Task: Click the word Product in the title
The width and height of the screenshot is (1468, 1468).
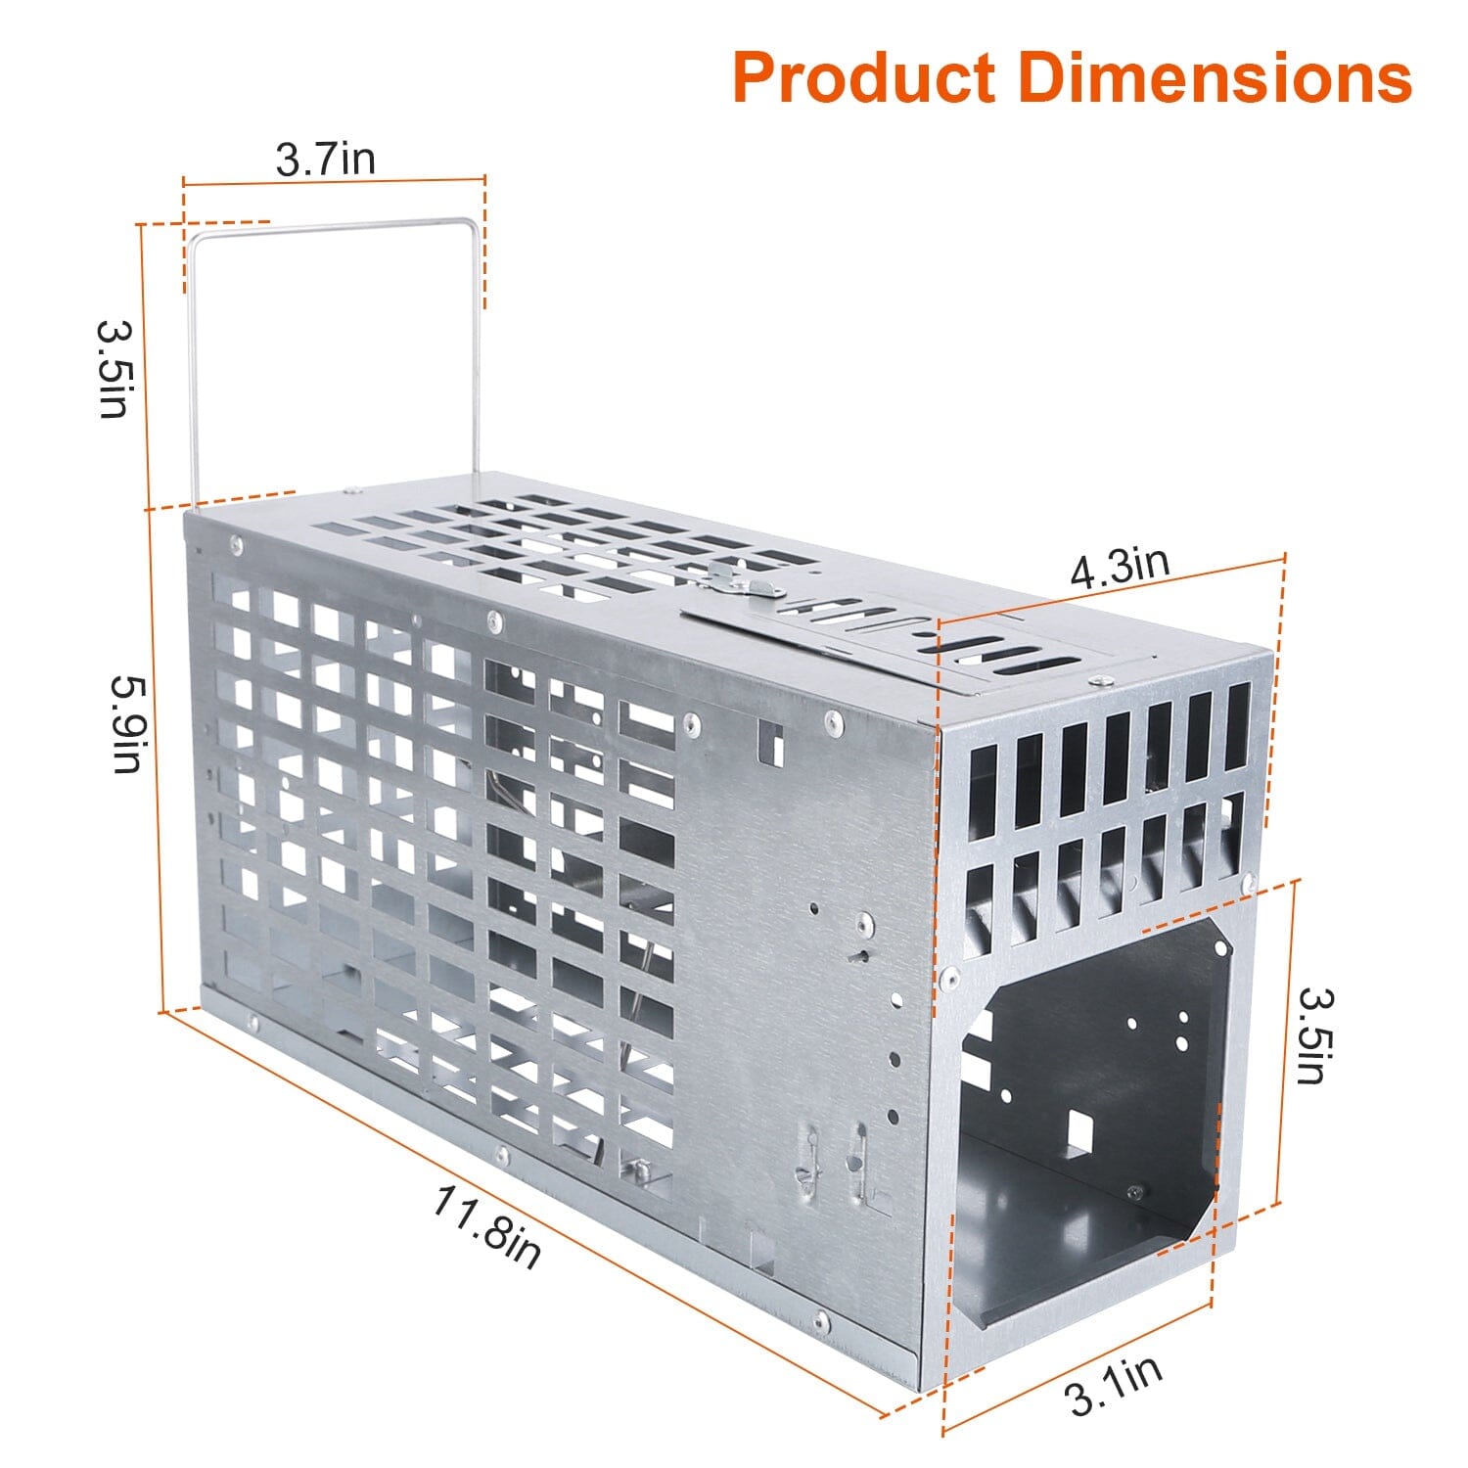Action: point(864,78)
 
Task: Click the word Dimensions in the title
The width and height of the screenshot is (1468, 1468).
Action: point(1216,78)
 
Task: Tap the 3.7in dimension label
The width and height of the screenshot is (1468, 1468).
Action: point(325,158)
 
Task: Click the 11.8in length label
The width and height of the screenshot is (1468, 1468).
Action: point(486,1226)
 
